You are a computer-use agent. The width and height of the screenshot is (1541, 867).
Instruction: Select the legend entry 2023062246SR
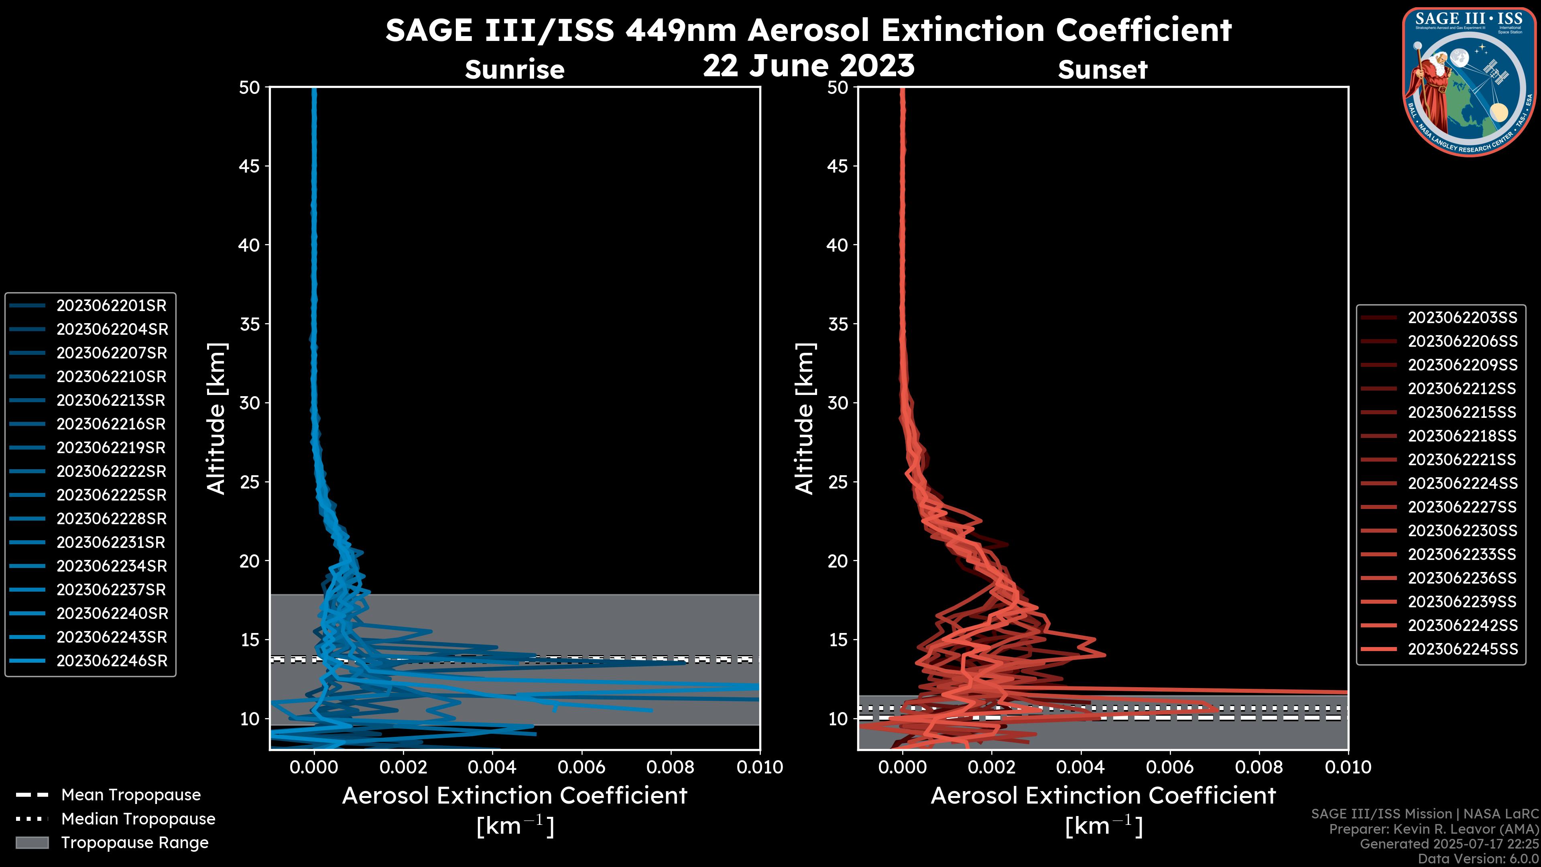tap(111, 661)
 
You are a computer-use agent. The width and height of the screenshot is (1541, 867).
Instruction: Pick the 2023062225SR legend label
tap(111, 495)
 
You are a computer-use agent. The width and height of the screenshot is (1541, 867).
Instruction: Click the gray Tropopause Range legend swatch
tap(32, 843)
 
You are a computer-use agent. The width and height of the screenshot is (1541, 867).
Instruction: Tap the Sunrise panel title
tap(514, 70)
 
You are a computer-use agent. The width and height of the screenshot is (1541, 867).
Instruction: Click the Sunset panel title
tap(1102, 70)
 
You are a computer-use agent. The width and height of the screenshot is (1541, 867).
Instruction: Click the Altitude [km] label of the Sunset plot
tap(805, 419)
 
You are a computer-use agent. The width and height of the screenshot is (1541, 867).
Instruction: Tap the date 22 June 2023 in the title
tap(809, 66)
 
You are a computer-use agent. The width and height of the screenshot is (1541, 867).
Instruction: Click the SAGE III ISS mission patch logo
tap(1469, 81)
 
